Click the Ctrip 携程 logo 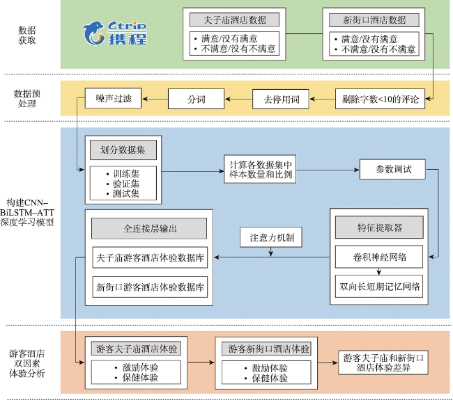pyautogui.click(x=115, y=33)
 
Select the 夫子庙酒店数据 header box pyautogui.click(x=234, y=20)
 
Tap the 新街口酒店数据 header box pyautogui.click(x=374, y=20)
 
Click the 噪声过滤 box pyautogui.click(x=113, y=98)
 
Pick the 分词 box pyautogui.click(x=196, y=99)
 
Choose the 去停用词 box pyautogui.click(x=281, y=99)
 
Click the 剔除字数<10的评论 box pyautogui.click(x=380, y=99)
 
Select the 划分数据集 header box pyautogui.click(x=123, y=150)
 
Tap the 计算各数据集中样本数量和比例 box pyautogui.click(x=260, y=169)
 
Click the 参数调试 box pyautogui.click(x=392, y=169)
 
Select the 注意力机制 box pyautogui.click(x=271, y=237)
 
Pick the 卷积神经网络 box pyautogui.click(x=379, y=257)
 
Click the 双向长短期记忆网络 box pyautogui.click(x=379, y=287)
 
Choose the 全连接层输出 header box pyautogui.click(x=149, y=228)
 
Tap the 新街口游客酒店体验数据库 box pyautogui.click(x=150, y=287)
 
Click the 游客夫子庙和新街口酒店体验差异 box pyautogui.click(x=383, y=363)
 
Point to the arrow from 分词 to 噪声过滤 pyautogui.click(x=155, y=99)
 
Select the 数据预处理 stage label pyautogui.click(x=27, y=98)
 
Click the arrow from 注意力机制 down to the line pyautogui.click(x=271, y=252)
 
